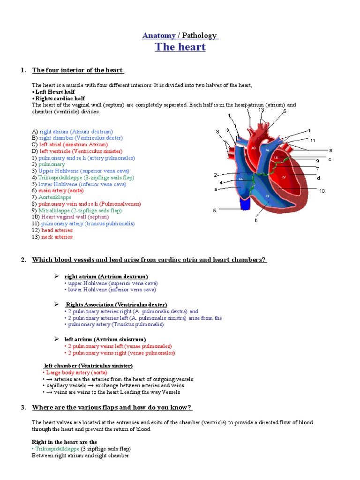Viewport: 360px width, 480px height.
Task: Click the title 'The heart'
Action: click(x=180, y=47)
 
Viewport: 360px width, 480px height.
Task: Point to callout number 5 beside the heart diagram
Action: click(x=214, y=210)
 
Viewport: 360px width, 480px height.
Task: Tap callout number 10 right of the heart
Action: click(x=322, y=190)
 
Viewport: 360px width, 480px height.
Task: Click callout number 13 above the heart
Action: click(x=261, y=110)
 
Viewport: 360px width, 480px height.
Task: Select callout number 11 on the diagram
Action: click(x=313, y=140)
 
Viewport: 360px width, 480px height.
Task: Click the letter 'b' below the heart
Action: click(x=256, y=220)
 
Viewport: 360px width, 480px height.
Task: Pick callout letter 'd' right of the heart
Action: click(x=318, y=178)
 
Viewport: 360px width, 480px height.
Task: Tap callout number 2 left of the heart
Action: click(x=215, y=175)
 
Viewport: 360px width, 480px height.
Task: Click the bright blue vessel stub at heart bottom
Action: click(x=245, y=203)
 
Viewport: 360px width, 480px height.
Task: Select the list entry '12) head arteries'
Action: click(x=52, y=230)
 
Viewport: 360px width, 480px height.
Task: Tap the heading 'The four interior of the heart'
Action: click(x=77, y=70)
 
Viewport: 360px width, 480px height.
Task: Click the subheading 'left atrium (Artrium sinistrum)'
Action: click(x=105, y=339)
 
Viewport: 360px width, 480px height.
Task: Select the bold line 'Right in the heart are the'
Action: click(x=64, y=442)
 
